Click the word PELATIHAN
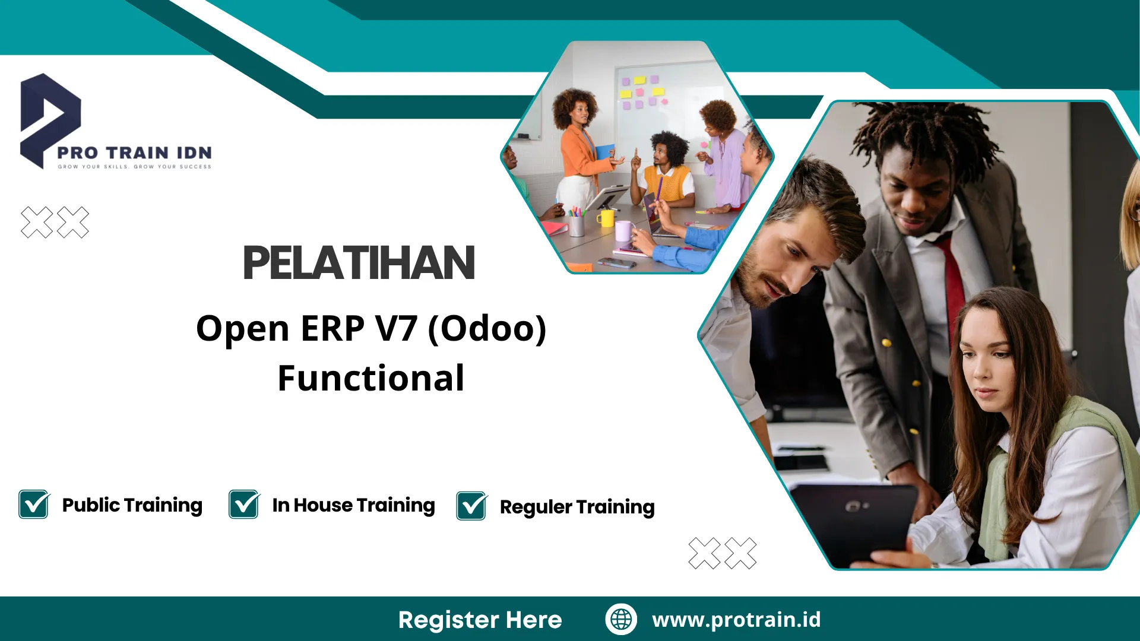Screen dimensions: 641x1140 [359, 263]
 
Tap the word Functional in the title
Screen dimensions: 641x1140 [371, 378]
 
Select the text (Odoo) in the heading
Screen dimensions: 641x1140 [487, 328]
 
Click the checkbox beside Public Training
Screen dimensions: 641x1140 [34, 504]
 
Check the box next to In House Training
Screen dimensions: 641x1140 [244, 504]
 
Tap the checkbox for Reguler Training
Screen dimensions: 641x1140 [471, 506]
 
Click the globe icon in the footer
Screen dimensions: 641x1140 [621, 619]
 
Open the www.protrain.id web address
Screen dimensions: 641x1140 [736, 619]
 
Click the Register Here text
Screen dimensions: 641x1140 [480, 620]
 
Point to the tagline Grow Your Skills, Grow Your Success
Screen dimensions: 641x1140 [134, 167]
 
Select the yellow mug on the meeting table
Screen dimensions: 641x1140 [605, 218]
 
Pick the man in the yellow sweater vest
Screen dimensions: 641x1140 [668, 172]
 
